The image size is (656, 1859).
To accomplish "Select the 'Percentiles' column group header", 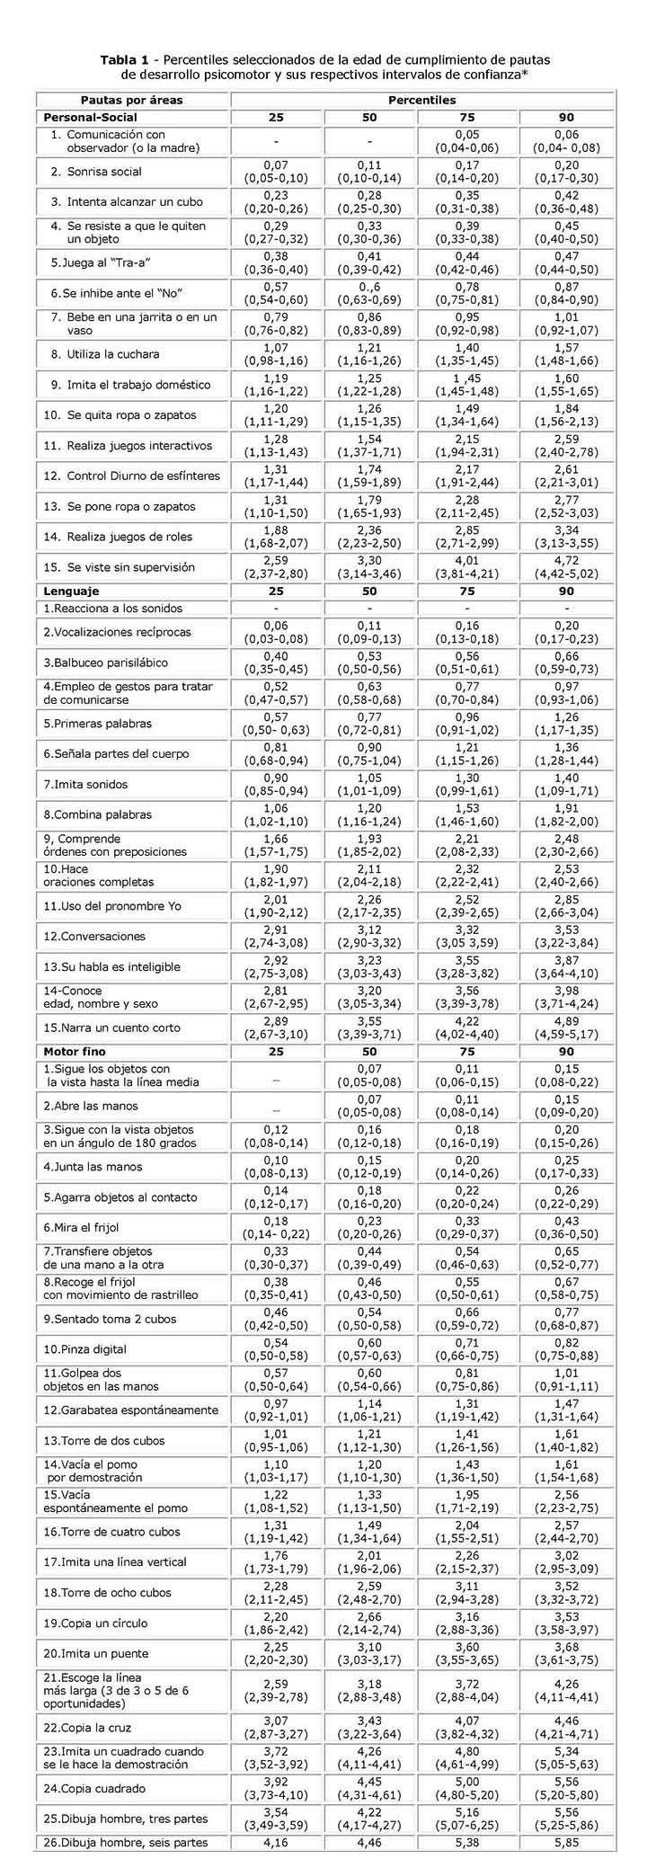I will [421, 101].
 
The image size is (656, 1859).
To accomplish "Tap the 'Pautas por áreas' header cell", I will [132, 101].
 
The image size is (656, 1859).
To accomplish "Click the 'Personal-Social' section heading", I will [91, 117].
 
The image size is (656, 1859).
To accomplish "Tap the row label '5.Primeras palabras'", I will [98, 724].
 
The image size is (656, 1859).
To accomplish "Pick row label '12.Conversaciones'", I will [94, 937].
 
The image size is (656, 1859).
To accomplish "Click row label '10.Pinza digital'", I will [85, 1349].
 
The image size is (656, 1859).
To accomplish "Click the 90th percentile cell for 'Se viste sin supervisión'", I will [566, 567].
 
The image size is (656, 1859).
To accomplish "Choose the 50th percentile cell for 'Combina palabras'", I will [368, 814].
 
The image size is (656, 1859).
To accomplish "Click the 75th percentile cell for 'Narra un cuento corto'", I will [466, 1027].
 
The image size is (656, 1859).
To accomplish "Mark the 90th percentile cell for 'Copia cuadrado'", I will [566, 1788].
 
